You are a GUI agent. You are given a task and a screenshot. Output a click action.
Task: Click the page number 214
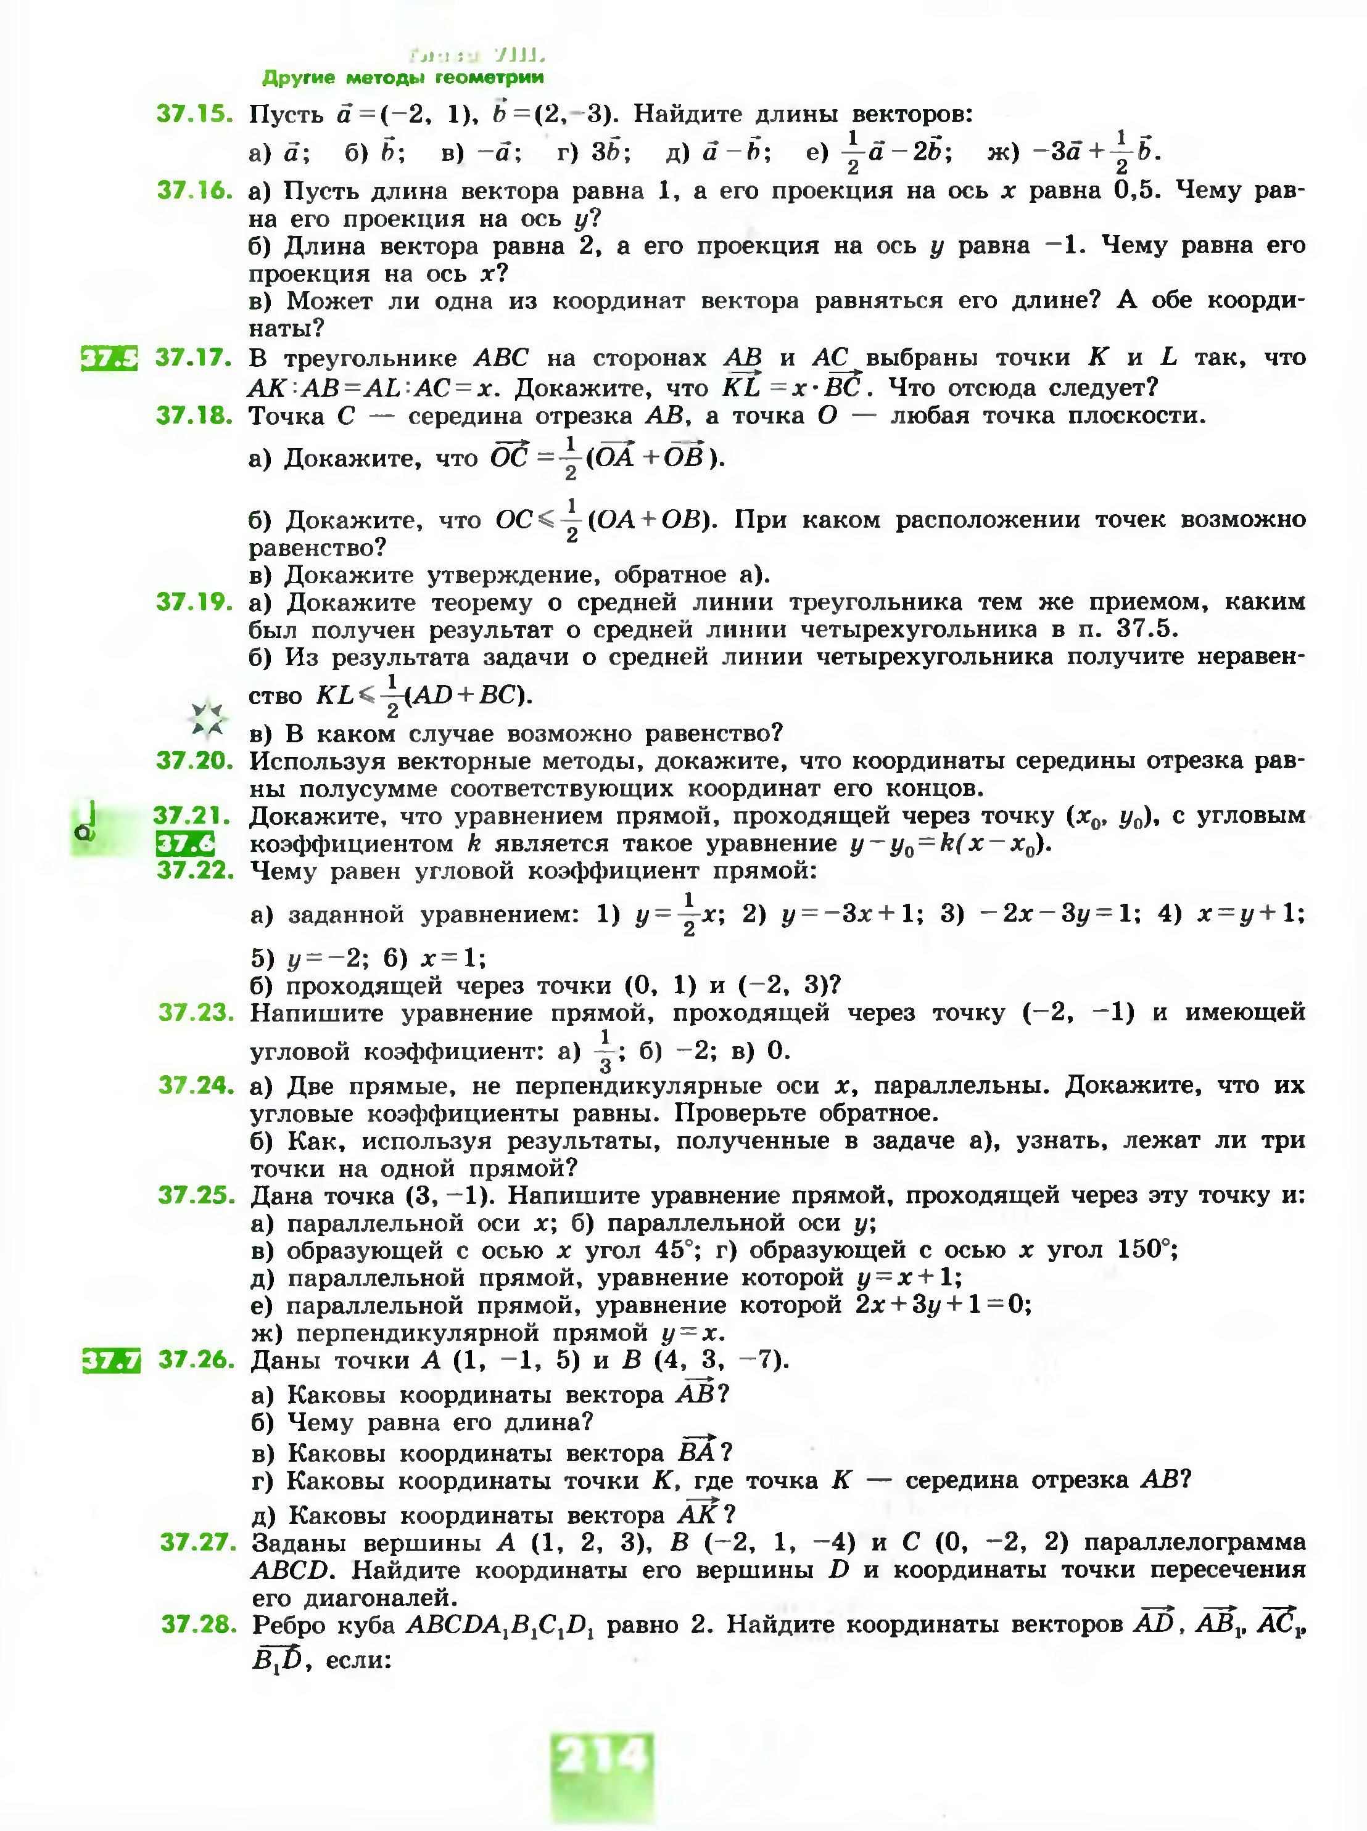[601, 1756]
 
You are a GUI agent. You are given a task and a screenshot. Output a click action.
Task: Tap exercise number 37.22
[196, 870]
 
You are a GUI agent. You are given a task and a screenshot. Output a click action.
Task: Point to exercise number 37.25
[197, 1195]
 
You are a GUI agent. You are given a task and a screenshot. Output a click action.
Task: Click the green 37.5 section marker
[109, 358]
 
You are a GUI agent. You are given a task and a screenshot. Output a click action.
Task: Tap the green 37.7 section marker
[111, 1361]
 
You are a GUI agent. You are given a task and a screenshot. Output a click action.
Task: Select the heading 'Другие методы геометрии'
[403, 78]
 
